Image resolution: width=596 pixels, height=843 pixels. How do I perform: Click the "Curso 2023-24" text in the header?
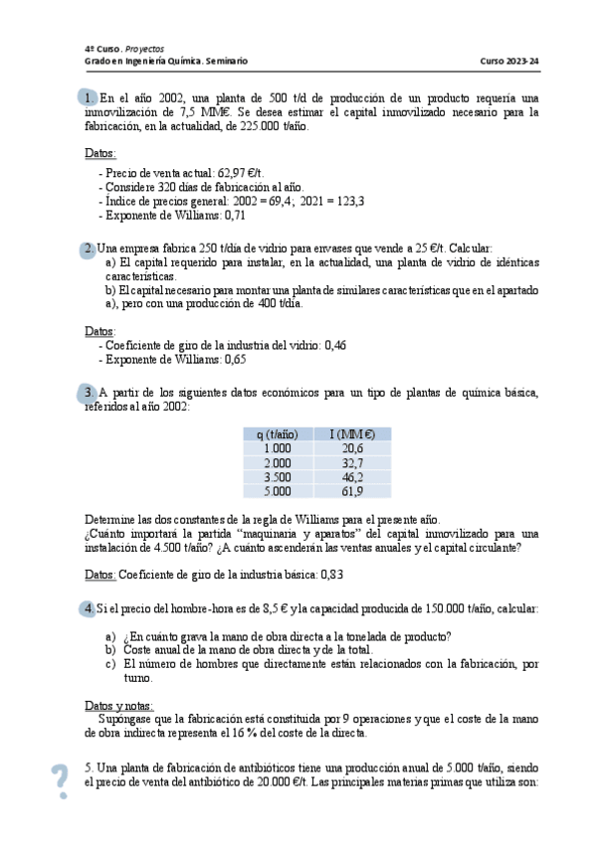tap(509, 61)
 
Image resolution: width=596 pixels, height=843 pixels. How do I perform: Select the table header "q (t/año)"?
tap(272, 434)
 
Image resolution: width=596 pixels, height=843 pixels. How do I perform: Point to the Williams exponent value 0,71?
tap(235, 214)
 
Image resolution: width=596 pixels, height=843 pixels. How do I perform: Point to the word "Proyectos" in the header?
tap(144, 48)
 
